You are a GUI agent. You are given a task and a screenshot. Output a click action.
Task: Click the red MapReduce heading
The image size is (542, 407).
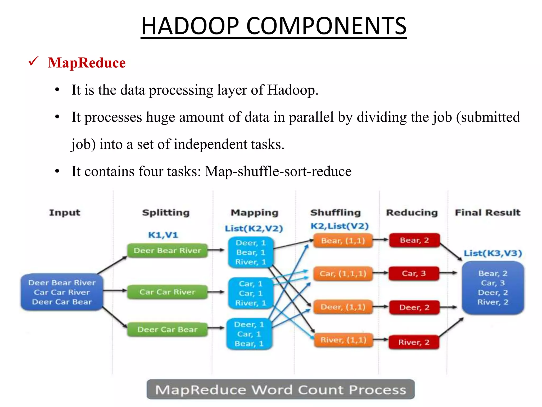tap(87, 63)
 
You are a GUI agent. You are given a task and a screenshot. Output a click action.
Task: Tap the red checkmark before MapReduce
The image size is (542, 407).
tap(34, 61)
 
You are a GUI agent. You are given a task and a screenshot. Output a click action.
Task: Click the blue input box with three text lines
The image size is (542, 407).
tap(62, 292)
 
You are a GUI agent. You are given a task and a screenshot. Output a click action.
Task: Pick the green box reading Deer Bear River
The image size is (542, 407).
tap(167, 250)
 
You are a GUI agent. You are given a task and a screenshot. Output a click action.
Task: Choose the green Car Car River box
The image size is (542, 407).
tap(167, 292)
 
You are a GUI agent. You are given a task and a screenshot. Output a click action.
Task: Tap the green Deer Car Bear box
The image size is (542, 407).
tap(167, 330)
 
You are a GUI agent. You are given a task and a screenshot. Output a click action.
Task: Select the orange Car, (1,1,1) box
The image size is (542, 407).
tap(343, 273)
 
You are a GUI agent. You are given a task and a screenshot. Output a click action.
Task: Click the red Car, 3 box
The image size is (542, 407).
tap(414, 273)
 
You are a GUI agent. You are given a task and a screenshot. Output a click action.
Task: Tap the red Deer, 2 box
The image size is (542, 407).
tap(414, 307)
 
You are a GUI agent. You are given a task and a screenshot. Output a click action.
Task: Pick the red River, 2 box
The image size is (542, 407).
tap(414, 342)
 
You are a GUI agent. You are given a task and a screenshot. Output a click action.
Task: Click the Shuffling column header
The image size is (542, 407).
tap(336, 213)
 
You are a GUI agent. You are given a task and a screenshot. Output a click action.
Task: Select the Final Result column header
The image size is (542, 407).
tap(487, 213)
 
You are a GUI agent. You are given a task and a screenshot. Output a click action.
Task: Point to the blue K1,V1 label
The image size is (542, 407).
tap(163, 235)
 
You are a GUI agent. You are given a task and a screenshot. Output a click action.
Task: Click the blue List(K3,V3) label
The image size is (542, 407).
tap(493, 253)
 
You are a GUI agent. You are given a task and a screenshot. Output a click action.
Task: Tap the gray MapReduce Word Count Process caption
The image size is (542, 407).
tap(281, 390)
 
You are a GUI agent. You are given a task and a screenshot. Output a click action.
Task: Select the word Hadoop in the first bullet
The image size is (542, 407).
tap(292, 90)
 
